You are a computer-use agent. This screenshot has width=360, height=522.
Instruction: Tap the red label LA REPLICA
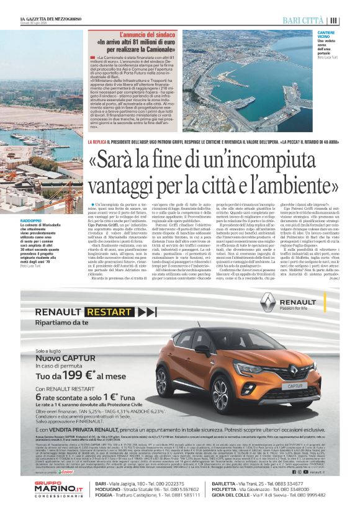pyautogui.click(x=98, y=143)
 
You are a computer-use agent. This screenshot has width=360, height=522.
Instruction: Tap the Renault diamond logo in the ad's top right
pyautogui.click(x=269, y=301)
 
